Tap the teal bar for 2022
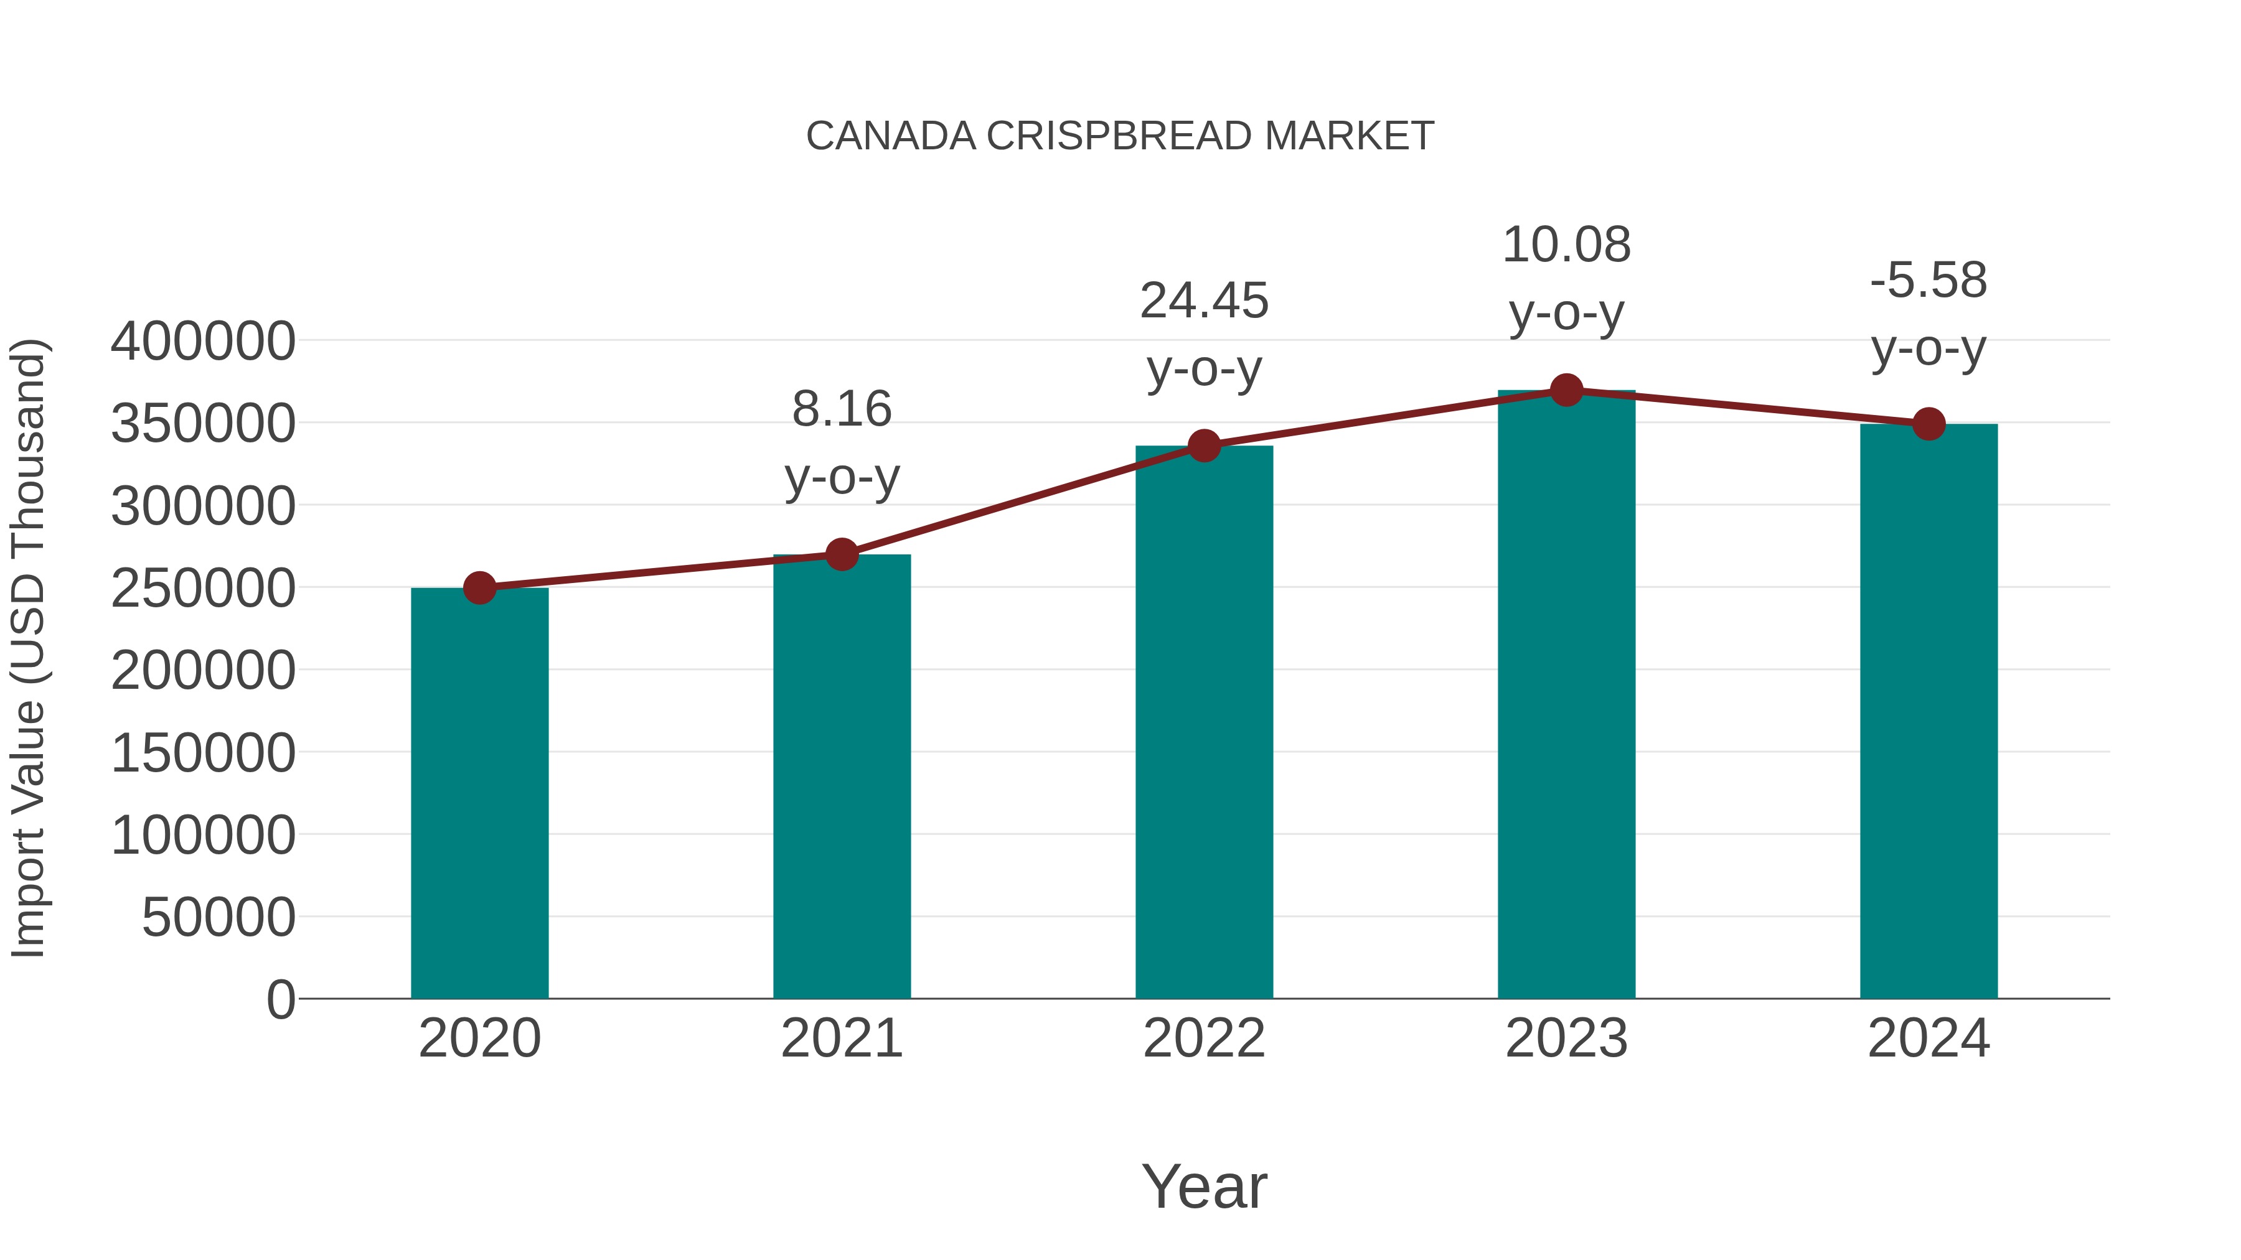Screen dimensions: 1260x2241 click(x=1203, y=722)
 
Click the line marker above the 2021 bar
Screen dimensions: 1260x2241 click(x=841, y=554)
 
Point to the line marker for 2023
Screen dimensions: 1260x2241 click(x=1566, y=390)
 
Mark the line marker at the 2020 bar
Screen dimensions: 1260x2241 click(x=479, y=588)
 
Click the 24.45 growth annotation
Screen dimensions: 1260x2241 click(x=1203, y=302)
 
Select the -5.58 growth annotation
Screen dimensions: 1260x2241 click(x=1928, y=281)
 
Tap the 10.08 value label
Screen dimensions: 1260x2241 click(x=1566, y=245)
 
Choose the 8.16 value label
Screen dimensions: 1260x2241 click(x=841, y=409)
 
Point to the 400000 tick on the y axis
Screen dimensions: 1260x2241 click(x=203, y=341)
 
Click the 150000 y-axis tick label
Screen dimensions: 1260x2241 click(x=203, y=753)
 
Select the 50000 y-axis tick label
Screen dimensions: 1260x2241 click(x=218, y=917)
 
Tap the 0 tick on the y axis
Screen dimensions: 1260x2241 click(x=280, y=999)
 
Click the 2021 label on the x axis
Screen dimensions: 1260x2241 click(x=841, y=1038)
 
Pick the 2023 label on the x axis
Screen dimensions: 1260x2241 click(x=1566, y=1038)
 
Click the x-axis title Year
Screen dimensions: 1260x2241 click(x=1203, y=1186)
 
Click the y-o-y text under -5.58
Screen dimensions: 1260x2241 click(x=1928, y=350)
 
